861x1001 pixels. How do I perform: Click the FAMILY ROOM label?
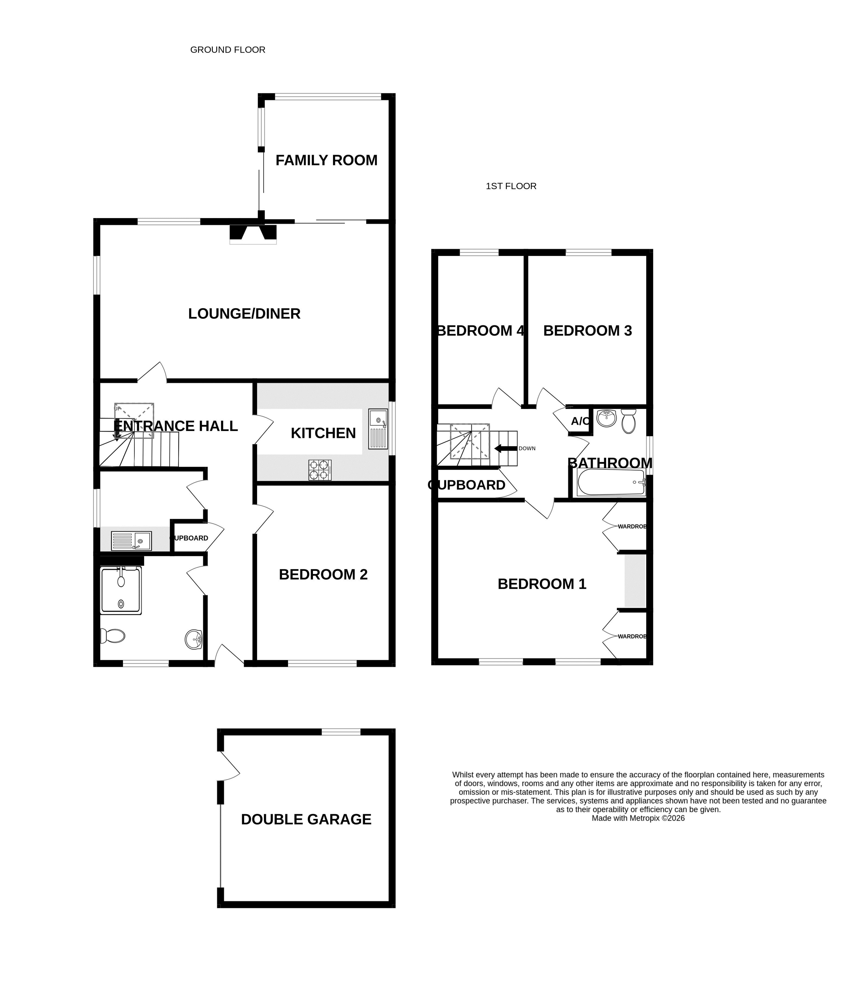click(326, 160)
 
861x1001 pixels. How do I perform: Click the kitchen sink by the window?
click(378, 429)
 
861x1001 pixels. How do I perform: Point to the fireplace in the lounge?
click(253, 234)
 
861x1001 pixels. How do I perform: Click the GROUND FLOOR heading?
click(228, 50)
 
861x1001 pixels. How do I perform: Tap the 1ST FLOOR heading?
click(511, 186)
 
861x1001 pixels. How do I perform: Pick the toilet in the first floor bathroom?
click(628, 421)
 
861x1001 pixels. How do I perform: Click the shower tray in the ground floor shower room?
click(121, 590)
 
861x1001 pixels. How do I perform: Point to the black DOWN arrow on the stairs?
click(505, 448)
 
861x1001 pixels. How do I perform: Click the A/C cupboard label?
click(580, 421)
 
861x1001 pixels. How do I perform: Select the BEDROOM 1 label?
click(542, 584)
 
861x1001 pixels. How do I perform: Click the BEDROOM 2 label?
click(323, 574)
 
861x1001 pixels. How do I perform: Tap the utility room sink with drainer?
click(131, 541)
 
